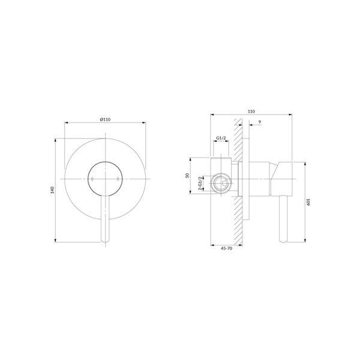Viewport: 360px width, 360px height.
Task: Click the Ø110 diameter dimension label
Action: click(105, 119)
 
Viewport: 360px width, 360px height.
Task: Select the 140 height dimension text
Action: click(52, 190)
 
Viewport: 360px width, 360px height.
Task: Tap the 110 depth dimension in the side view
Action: click(251, 112)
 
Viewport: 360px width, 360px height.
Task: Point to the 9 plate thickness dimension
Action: click(260, 122)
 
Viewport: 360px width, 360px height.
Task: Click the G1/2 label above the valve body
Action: click(221, 138)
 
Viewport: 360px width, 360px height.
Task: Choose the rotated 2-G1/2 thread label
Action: click(200, 184)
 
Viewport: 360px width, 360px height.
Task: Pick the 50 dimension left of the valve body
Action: click(187, 176)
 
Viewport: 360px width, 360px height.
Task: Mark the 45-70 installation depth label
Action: click(226, 248)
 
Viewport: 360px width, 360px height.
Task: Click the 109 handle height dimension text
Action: click(308, 202)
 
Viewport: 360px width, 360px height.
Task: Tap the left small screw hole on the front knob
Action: click(92, 179)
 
